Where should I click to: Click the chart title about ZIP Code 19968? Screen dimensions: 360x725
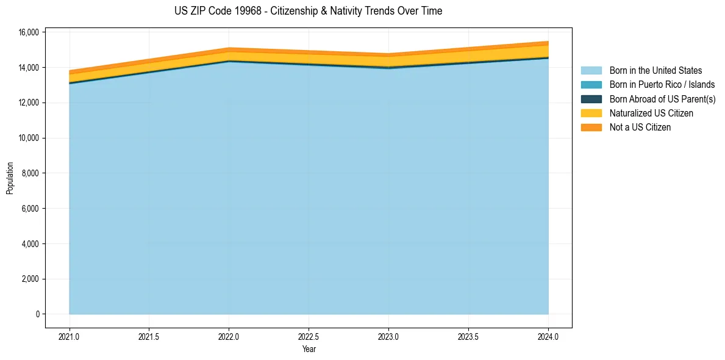point(308,11)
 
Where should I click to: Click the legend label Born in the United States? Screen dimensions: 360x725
point(655,71)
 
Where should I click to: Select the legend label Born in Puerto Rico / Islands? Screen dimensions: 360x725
point(662,85)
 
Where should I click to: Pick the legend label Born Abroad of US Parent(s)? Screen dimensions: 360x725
point(662,99)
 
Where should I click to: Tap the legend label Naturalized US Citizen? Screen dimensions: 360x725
point(651,113)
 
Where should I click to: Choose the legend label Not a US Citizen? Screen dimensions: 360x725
point(640,127)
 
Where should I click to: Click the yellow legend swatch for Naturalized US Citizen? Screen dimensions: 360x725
point(591,113)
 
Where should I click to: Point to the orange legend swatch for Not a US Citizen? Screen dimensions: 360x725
point(591,127)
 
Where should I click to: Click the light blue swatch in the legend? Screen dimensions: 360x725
point(591,71)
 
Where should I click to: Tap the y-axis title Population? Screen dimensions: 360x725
point(10,178)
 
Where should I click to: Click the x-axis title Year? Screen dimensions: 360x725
point(309,350)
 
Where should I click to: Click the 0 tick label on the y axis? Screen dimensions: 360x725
point(37,314)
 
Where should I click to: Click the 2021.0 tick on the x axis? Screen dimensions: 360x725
point(70,336)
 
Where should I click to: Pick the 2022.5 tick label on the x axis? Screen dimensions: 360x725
point(309,336)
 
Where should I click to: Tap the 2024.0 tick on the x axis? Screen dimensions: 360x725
point(548,336)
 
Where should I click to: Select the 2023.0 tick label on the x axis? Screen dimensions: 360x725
point(388,336)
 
